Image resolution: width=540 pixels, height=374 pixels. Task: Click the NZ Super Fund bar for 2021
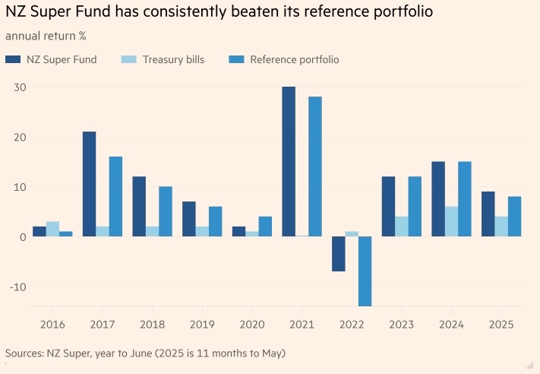click(289, 161)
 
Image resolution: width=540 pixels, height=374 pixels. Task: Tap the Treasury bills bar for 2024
click(450, 221)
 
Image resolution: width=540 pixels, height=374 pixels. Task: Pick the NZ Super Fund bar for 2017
click(89, 184)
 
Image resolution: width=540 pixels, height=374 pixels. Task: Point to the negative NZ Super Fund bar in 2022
click(339, 254)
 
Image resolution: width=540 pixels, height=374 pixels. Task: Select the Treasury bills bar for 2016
click(52, 229)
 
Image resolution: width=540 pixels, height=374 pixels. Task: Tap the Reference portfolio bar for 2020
click(264, 227)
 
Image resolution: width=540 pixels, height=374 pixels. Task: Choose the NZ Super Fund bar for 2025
click(488, 214)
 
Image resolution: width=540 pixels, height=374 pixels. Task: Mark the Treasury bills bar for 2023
click(401, 227)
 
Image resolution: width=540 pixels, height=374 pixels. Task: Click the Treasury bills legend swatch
click(129, 59)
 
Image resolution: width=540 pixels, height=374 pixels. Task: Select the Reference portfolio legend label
click(295, 59)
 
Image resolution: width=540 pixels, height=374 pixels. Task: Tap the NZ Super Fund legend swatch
click(13, 59)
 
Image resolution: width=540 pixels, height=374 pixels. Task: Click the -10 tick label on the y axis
click(17, 287)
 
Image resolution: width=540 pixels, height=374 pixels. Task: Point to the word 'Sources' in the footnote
click(24, 353)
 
